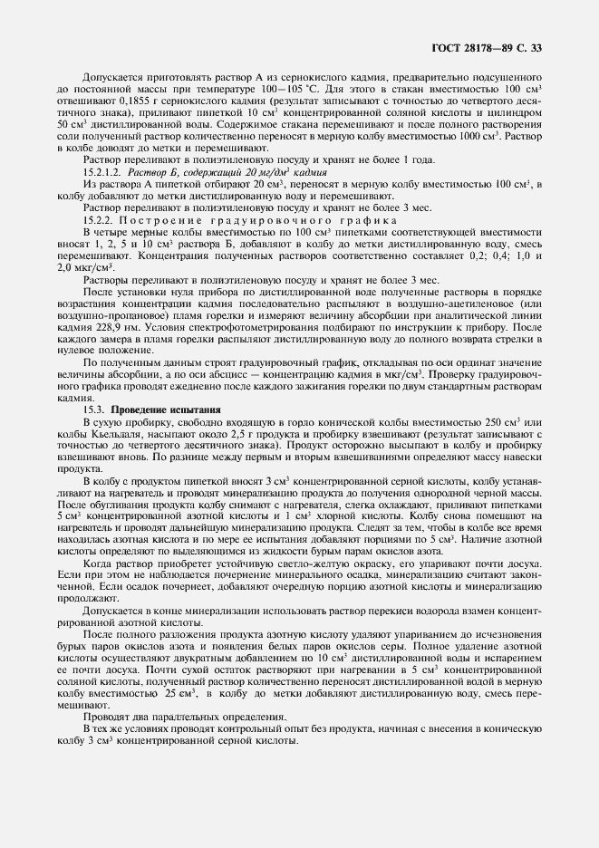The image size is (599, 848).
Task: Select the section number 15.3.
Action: (x=95, y=410)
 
